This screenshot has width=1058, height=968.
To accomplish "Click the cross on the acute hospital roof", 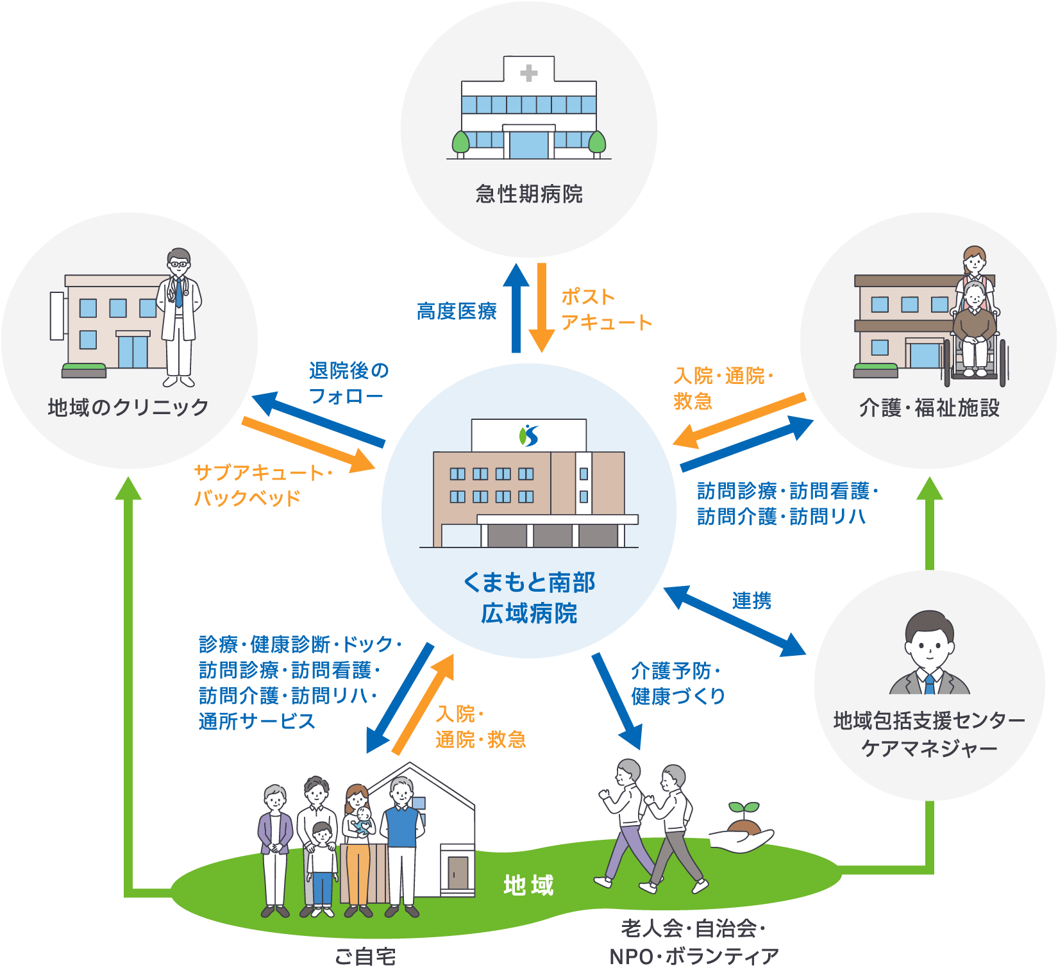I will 529,73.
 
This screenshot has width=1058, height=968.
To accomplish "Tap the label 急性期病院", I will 529,194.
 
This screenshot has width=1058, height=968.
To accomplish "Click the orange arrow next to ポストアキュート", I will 542,308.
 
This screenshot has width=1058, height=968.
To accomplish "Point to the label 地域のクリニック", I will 128,407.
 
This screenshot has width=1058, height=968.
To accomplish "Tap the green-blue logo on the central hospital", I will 529,435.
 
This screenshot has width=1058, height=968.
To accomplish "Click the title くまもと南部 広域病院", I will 529,597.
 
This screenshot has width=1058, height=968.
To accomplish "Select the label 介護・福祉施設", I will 929,408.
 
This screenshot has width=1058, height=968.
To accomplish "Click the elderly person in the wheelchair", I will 974,327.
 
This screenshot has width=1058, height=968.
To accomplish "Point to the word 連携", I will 752,601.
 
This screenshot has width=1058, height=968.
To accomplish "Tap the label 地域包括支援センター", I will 929,721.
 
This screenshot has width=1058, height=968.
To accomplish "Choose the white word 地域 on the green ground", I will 528,885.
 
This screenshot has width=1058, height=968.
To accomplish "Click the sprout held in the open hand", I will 744,810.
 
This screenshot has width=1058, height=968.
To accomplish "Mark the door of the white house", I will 458,872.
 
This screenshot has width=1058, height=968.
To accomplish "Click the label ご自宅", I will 365,956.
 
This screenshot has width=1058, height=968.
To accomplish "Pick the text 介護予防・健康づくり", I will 677,683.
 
